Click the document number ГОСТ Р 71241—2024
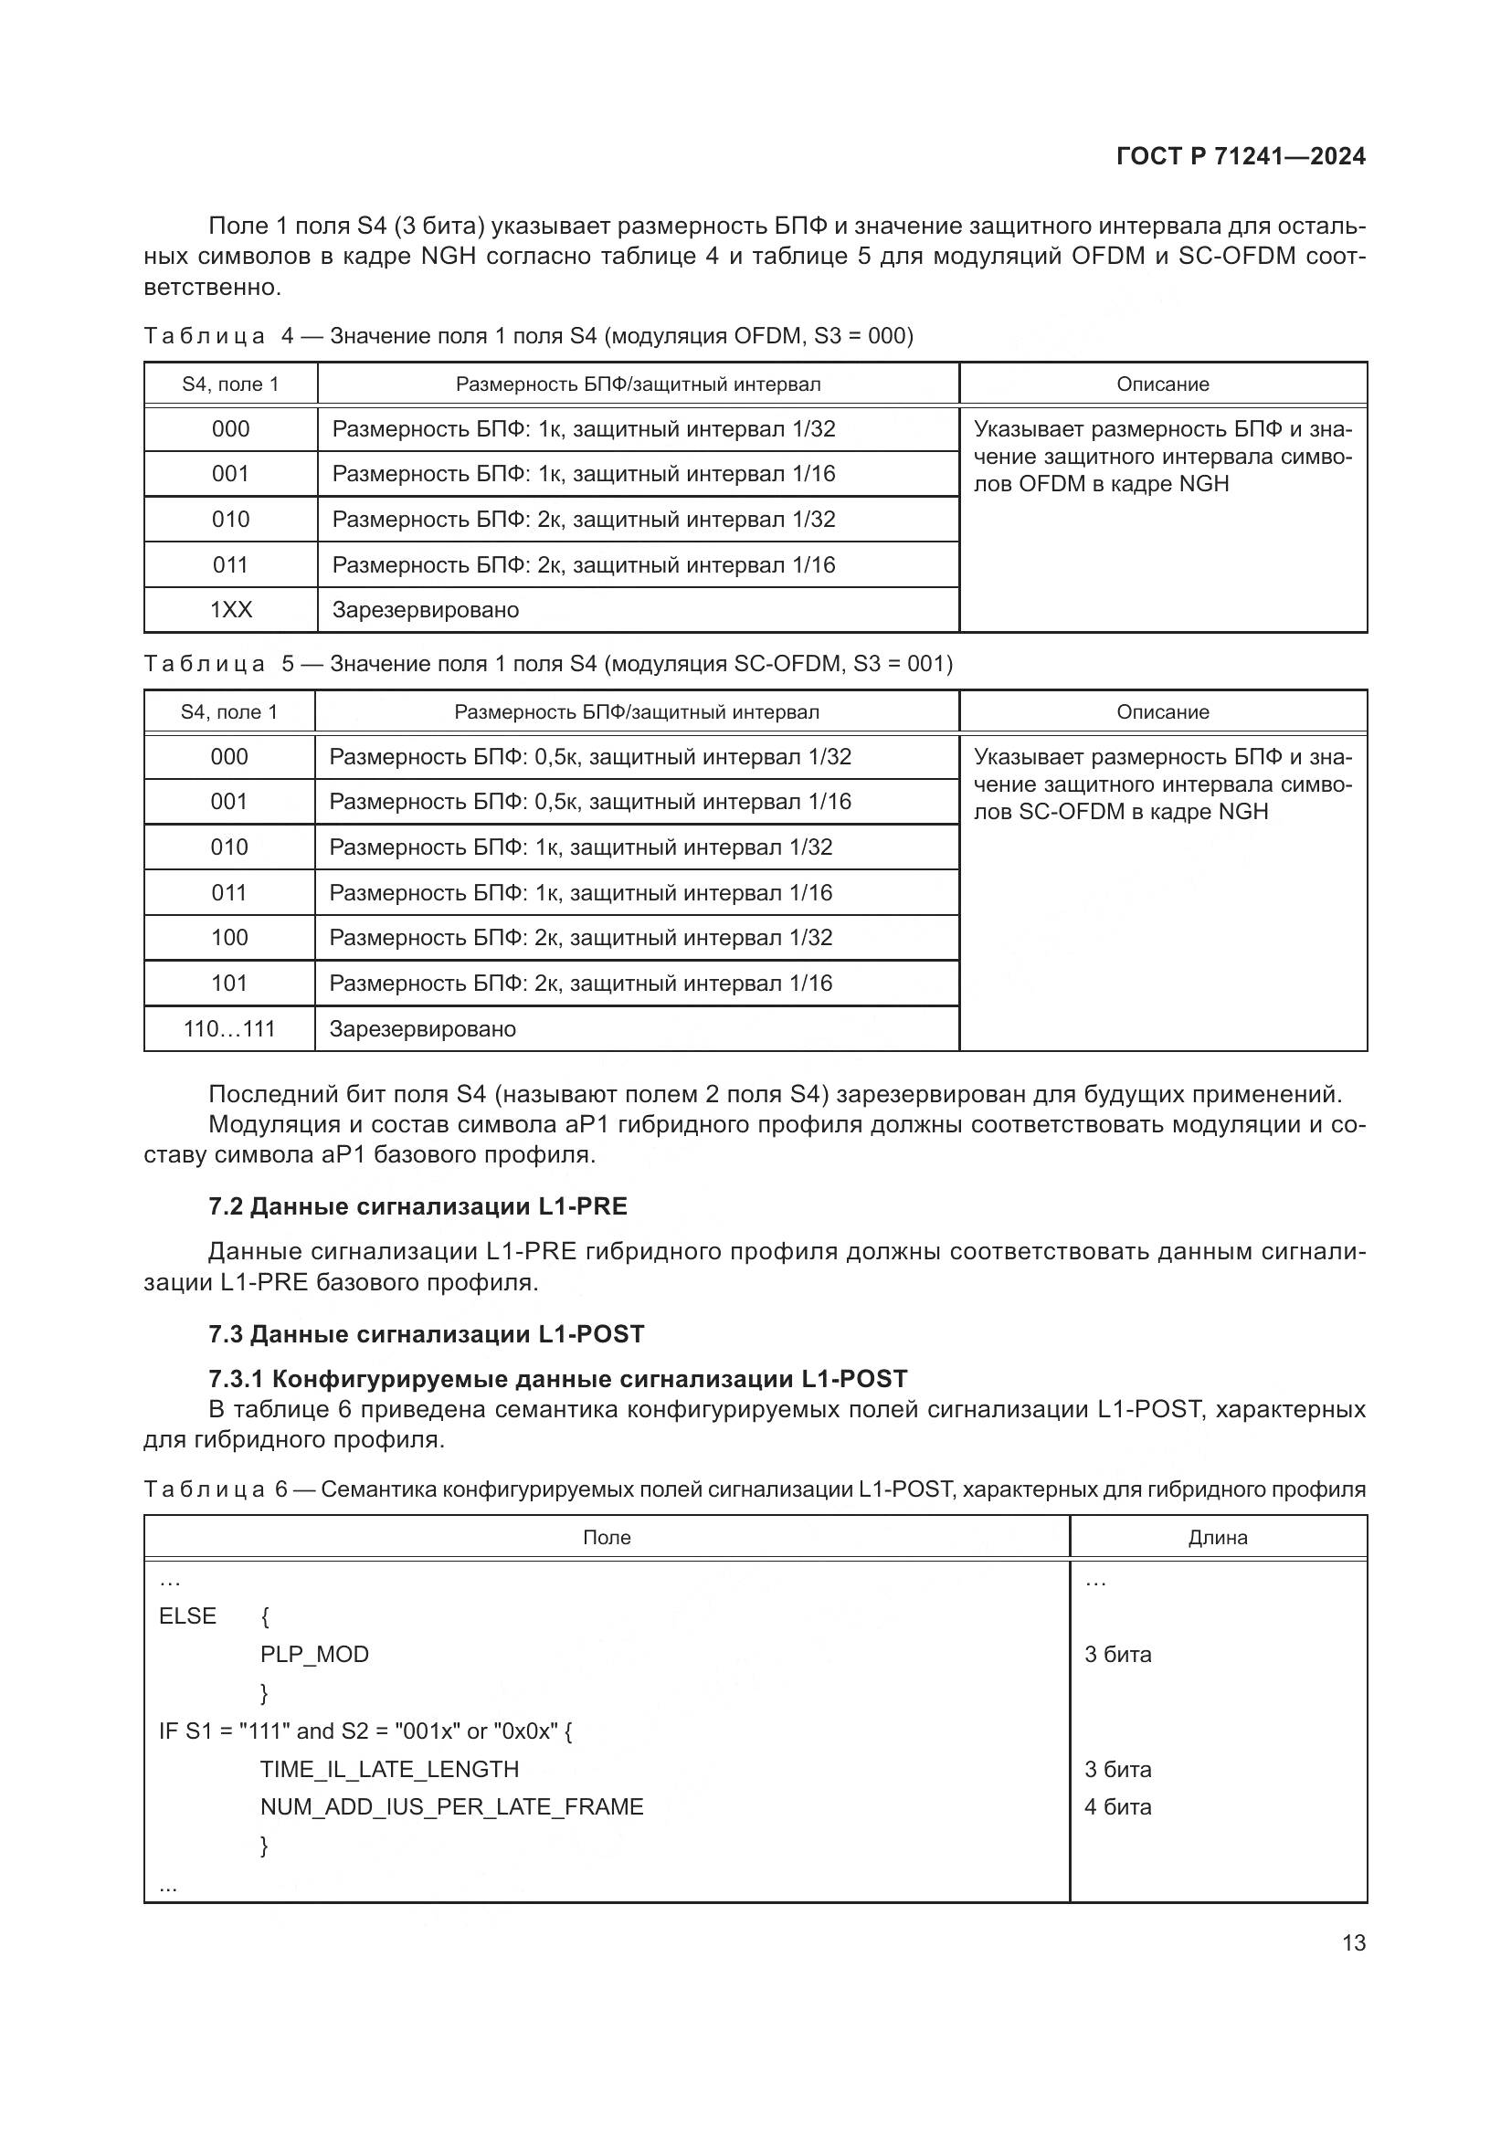pos(1241,156)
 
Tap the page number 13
pos(1354,1942)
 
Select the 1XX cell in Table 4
pos(231,610)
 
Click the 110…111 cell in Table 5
pos(230,1029)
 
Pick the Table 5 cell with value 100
pos(230,938)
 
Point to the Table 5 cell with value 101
pos(230,984)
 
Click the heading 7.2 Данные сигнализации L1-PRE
pos(417,1206)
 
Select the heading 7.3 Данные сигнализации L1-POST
pos(426,1334)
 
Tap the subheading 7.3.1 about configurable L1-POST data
pos(557,1379)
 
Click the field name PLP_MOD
pos(314,1654)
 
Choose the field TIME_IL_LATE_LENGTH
pos(389,1769)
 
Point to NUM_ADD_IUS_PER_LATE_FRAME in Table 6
pos(451,1806)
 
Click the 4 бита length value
pos(1117,1806)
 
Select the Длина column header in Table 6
pos(1217,1538)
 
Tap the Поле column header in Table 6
pos(607,1538)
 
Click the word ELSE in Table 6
pos(188,1616)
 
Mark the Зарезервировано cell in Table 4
pos(425,610)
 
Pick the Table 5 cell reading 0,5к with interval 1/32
pos(590,757)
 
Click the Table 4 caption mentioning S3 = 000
pos(528,336)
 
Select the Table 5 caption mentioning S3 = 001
pos(548,664)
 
